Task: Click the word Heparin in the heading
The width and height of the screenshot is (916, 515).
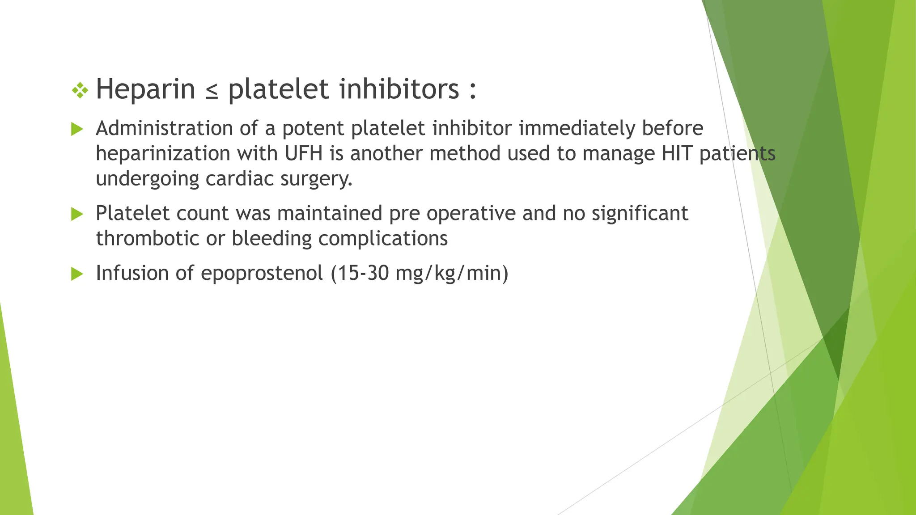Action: [145, 89]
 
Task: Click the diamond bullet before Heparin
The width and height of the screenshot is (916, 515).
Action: [80, 91]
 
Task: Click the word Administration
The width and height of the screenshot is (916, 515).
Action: [164, 128]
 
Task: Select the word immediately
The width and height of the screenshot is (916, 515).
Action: [577, 128]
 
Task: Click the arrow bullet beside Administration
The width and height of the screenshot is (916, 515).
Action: [77, 130]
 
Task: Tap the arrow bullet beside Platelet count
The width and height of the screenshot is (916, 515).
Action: [77, 214]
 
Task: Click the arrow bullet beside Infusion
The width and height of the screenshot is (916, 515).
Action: [77, 274]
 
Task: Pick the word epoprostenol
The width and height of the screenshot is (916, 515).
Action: [262, 273]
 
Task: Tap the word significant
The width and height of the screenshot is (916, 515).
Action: [640, 213]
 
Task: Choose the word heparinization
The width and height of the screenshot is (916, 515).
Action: [163, 153]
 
